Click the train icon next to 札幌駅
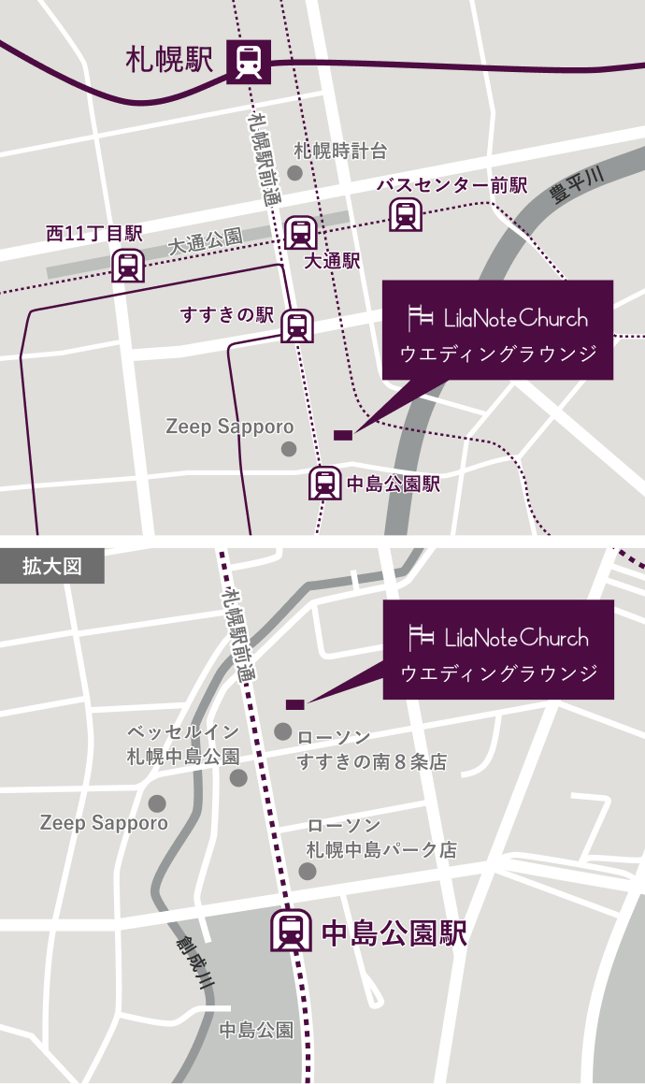pyautogui.click(x=249, y=62)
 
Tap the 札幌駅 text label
pyautogui.click(x=169, y=61)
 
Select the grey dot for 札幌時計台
pyautogui.click(x=294, y=173)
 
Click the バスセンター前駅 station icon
pyautogui.click(x=405, y=215)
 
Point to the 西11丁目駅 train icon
pyautogui.click(x=127, y=267)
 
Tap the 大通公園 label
pyautogui.click(x=206, y=241)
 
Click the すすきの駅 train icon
pyautogui.click(x=297, y=325)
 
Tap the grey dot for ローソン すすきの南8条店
pyautogui.click(x=283, y=731)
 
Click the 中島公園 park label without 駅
pyautogui.click(x=256, y=1030)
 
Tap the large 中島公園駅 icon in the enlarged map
pyautogui.click(x=291, y=931)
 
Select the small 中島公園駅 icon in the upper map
pyautogui.click(x=324, y=483)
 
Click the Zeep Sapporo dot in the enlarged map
pyautogui.click(x=156, y=803)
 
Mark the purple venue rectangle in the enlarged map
pyautogui.click(x=294, y=703)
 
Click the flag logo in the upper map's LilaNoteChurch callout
pyautogui.click(x=422, y=318)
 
